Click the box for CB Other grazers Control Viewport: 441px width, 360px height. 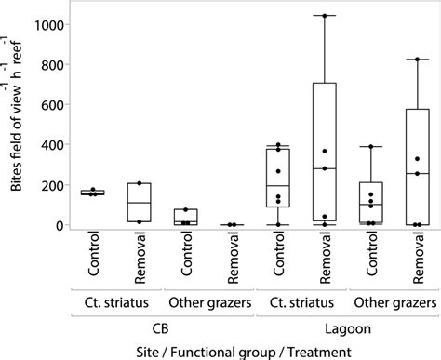(x=186, y=217)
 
